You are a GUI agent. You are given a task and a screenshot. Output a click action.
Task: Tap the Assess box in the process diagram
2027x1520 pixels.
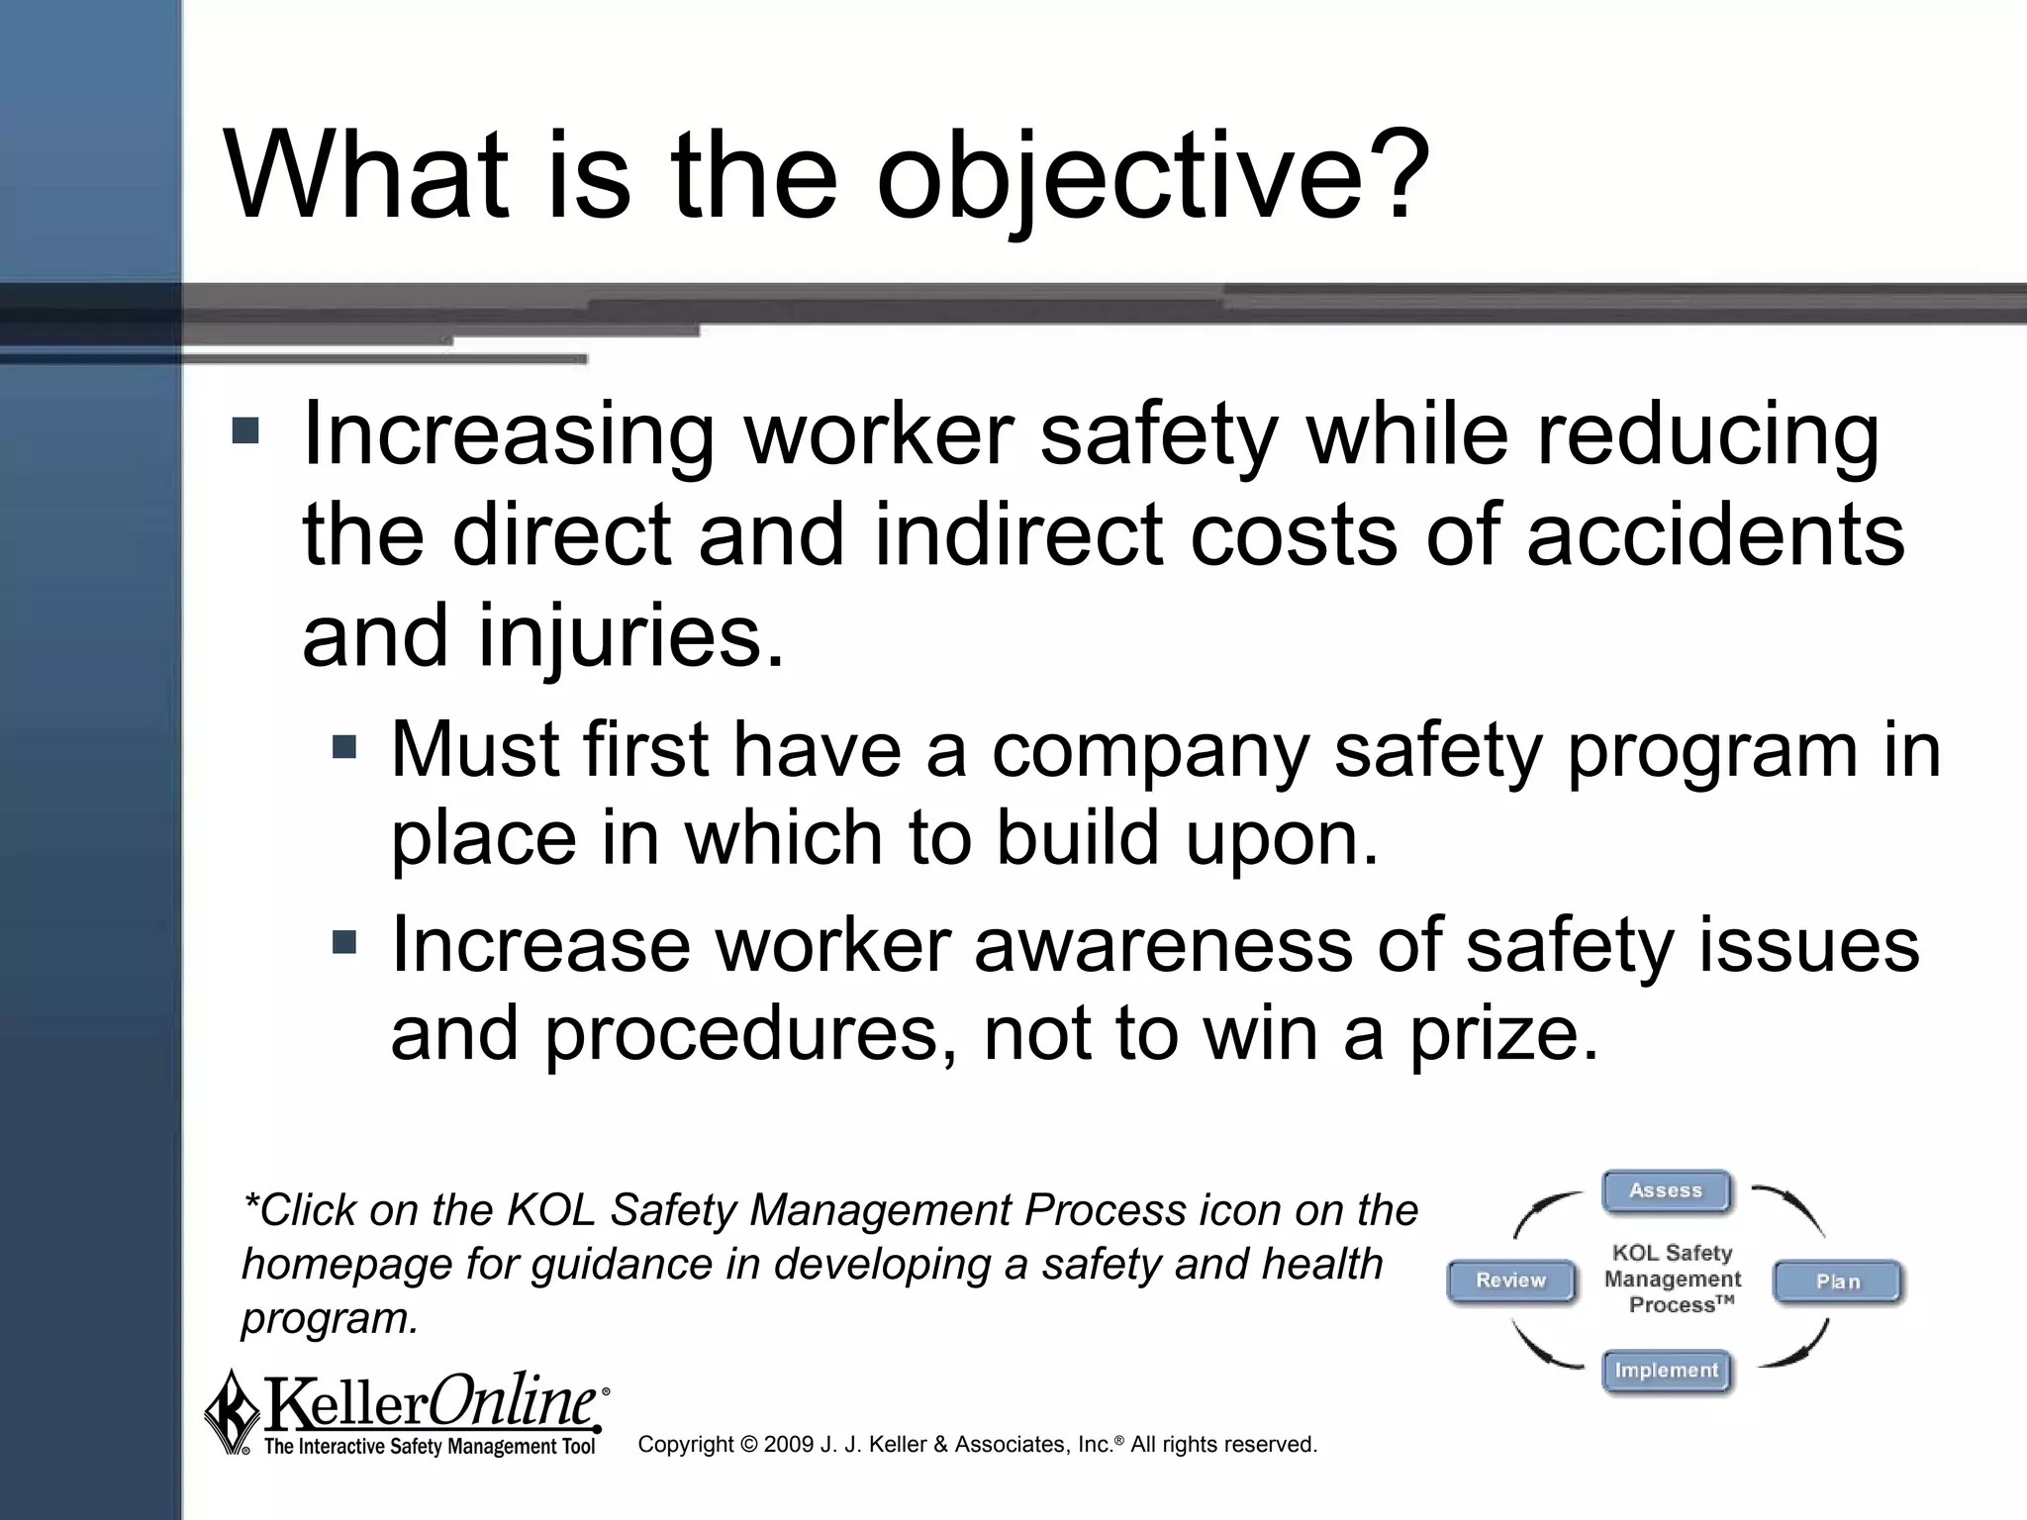(x=1667, y=1190)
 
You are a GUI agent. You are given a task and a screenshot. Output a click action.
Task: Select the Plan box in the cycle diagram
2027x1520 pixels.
(x=1838, y=1282)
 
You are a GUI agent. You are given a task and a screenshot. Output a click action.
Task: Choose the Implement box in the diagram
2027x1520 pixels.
(x=1667, y=1371)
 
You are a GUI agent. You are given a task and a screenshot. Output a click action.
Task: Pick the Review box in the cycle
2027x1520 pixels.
(x=1510, y=1281)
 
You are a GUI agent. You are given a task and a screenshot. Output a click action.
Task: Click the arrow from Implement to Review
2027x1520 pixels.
(x=1544, y=1348)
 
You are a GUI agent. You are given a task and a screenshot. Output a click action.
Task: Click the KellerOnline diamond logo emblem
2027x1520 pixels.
(x=231, y=1412)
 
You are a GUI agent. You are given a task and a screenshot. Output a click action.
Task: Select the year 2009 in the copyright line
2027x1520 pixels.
(x=789, y=1445)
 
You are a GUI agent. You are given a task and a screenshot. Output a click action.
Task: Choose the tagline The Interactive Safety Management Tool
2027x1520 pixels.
(x=430, y=1448)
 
